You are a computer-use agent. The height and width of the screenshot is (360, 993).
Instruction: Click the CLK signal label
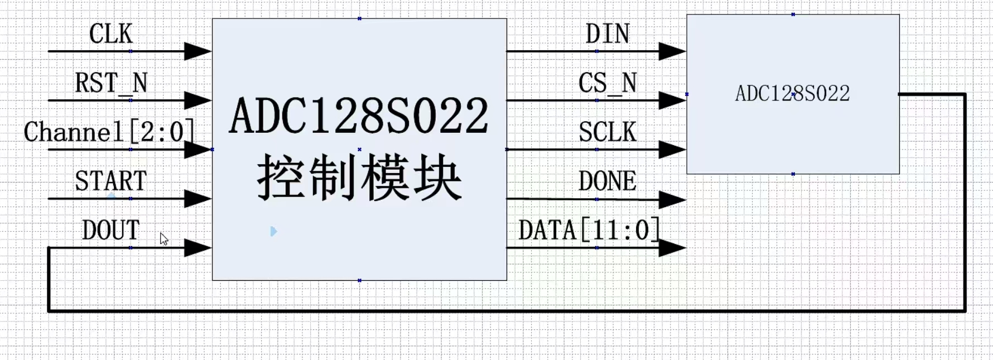pyautogui.click(x=110, y=34)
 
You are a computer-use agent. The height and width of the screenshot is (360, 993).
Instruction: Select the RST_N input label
pyautogui.click(x=111, y=83)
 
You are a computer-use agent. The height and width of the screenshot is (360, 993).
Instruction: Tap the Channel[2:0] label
pyautogui.click(x=109, y=132)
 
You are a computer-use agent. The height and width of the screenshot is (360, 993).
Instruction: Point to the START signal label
pyautogui.click(x=110, y=181)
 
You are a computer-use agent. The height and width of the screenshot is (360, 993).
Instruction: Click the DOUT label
pyautogui.click(x=110, y=231)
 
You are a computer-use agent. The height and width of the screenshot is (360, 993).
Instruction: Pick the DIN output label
pyautogui.click(x=608, y=34)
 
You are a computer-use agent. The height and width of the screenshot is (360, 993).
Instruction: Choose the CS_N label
pyautogui.click(x=608, y=83)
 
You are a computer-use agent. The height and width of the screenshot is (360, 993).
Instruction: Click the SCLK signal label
pyautogui.click(x=608, y=132)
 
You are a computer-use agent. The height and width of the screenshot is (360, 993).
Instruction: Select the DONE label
pyautogui.click(x=608, y=181)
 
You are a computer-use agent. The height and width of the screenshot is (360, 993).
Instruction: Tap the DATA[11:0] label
pyautogui.click(x=589, y=231)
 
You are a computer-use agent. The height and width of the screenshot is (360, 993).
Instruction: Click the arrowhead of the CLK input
pyautogui.click(x=197, y=51)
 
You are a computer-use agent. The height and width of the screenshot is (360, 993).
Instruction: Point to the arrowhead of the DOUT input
pyautogui.click(x=197, y=248)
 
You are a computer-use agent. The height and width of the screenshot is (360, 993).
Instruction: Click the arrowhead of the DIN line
pyautogui.click(x=672, y=51)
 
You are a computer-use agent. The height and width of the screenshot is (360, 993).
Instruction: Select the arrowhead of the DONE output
pyautogui.click(x=672, y=199)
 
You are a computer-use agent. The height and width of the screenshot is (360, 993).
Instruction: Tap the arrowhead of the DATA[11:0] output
pyautogui.click(x=672, y=248)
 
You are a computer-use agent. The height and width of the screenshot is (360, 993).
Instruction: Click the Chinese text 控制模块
pyautogui.click(x=359, y=179)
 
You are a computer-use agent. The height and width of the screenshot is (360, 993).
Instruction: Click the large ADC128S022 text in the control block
pyautogui.click(x=359, y=116)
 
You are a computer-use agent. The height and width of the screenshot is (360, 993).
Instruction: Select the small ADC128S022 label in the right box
pyautogui.click(x=792, y=94)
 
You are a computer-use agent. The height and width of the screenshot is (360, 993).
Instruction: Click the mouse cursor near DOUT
pyautogui.click(x=163, y=239)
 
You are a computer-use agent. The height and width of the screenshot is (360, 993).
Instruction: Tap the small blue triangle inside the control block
pyautogui.click(x=273, y=231)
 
